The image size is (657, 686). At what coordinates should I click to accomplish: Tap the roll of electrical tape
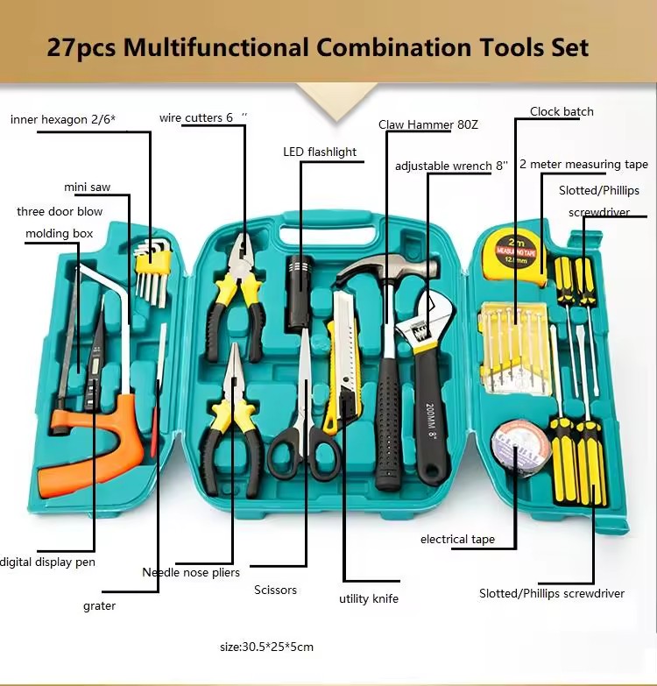(x=520, y=448)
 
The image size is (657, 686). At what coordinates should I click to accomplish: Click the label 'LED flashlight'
(x=320, y=152)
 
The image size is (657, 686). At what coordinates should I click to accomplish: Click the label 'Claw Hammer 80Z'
(x=428, y=124)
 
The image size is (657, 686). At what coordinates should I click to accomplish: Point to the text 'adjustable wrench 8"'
(x=451, y=166)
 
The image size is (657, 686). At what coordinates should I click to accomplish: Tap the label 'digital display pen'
(x=47, y=562)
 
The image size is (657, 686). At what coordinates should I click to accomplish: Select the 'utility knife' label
(x=369, y=598)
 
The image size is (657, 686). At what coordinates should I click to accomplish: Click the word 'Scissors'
(x=276, y=590)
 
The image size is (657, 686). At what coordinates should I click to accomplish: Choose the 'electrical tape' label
(x=457, y=540)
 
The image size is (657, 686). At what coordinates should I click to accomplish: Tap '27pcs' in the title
(x=81, y=48)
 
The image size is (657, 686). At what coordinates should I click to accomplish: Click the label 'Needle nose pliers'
(x=191, y=572)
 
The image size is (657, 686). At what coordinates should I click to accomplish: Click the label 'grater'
(x=99, y=606)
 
